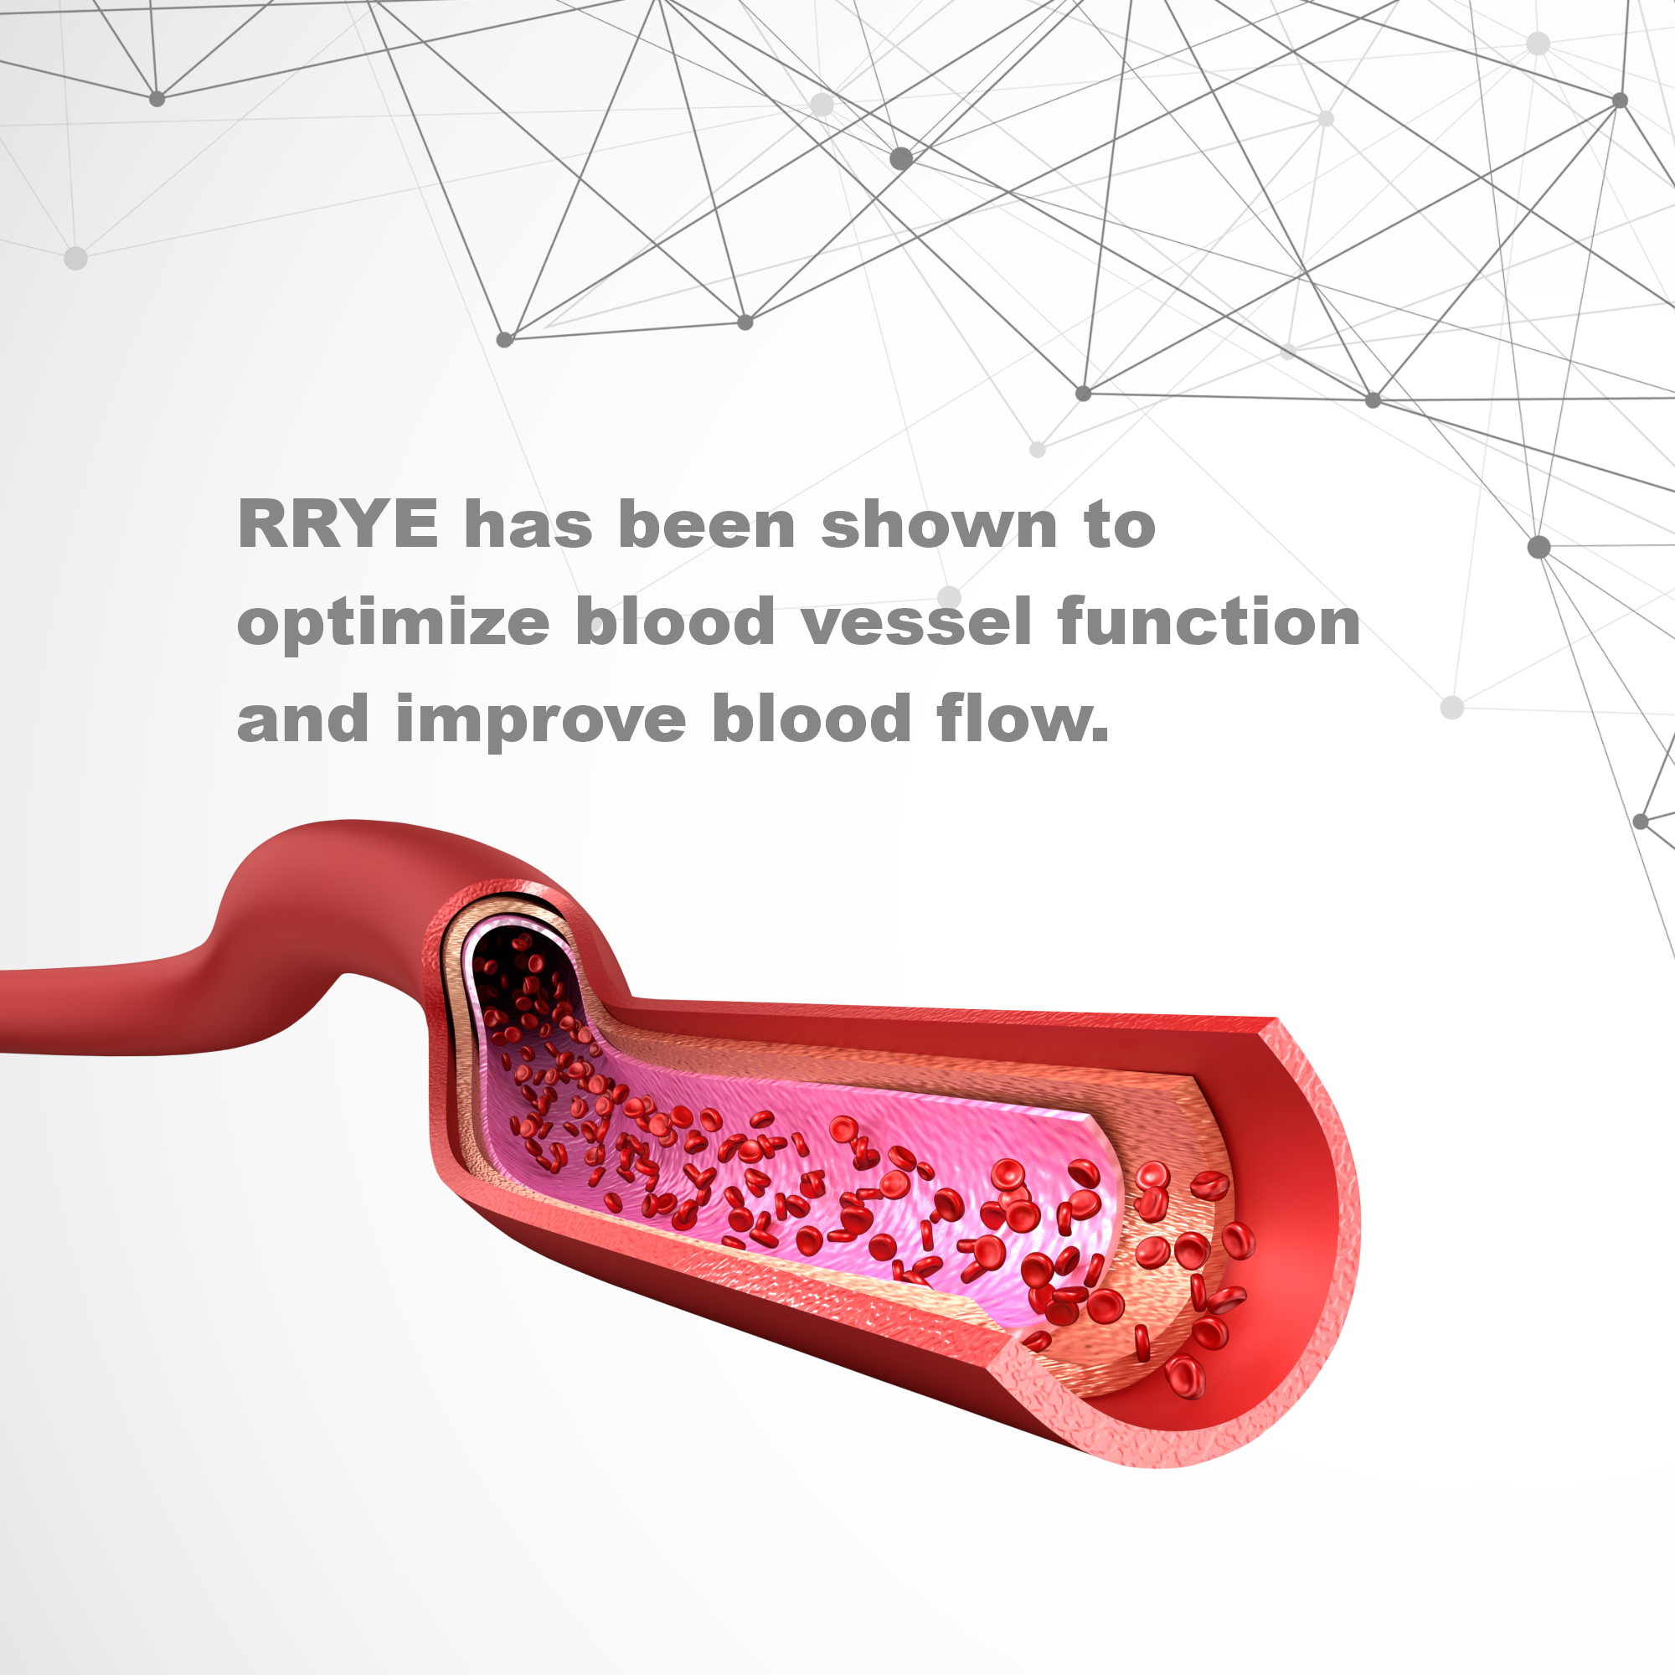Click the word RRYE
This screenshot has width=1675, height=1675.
pos(338,523)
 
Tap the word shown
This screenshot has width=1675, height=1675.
pos(939,523)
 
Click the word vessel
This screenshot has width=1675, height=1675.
pos(916,621)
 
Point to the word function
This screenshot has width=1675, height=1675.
pos(1209,621)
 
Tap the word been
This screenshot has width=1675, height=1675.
pos(707,523)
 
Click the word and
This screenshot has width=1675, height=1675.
pos(303,718)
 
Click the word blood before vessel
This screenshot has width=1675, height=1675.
pos(675,621)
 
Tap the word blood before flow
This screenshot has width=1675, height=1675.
pos(812,718)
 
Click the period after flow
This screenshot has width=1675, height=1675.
pos(1100,735)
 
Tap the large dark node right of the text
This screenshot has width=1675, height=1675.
pos(1538,547)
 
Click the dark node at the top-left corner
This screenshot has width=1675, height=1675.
pos(157,99)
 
